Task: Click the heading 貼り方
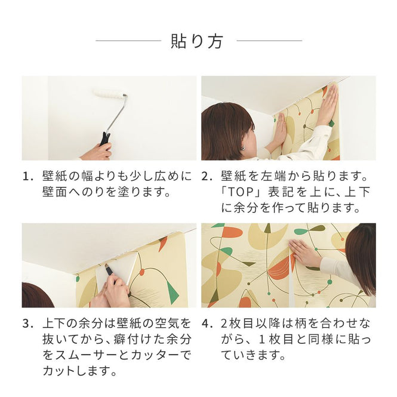(198, 41)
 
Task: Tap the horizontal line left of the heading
(128, 41)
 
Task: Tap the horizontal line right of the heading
(269, 41)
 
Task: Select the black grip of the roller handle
(106, 139)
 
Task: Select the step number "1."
(27, 177)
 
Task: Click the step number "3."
(27, 324)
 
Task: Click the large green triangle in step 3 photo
(172, 292)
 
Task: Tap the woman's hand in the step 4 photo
(305, 254)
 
